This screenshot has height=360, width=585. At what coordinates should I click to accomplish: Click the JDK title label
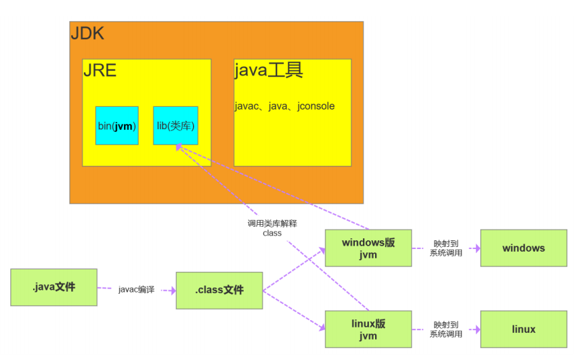87,34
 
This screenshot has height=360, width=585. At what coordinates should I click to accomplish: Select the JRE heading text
100,70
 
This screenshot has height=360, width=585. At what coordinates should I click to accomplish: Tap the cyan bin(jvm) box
116,125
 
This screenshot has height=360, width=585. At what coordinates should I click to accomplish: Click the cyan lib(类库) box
175,125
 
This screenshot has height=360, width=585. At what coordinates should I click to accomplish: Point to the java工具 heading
268,70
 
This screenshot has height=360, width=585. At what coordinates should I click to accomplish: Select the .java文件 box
53,287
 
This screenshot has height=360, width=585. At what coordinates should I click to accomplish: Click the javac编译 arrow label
136,290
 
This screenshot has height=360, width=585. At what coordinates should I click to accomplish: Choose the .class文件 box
219,290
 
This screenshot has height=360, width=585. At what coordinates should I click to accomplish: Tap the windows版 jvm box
368,248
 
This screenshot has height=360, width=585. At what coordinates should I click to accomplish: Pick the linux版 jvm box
368,329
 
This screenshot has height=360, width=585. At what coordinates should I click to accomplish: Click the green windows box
523,248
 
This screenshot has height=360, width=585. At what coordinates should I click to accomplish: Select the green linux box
523,329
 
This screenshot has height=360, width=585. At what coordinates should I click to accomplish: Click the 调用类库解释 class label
272,227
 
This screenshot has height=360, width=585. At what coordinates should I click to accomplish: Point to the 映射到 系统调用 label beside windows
446,248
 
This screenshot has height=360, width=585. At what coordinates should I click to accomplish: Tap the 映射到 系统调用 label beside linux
446,329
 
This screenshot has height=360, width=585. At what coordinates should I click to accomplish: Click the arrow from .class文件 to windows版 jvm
294,269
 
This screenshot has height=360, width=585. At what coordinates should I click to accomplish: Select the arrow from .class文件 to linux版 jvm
294,311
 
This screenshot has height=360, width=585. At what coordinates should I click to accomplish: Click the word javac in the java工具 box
246,106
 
